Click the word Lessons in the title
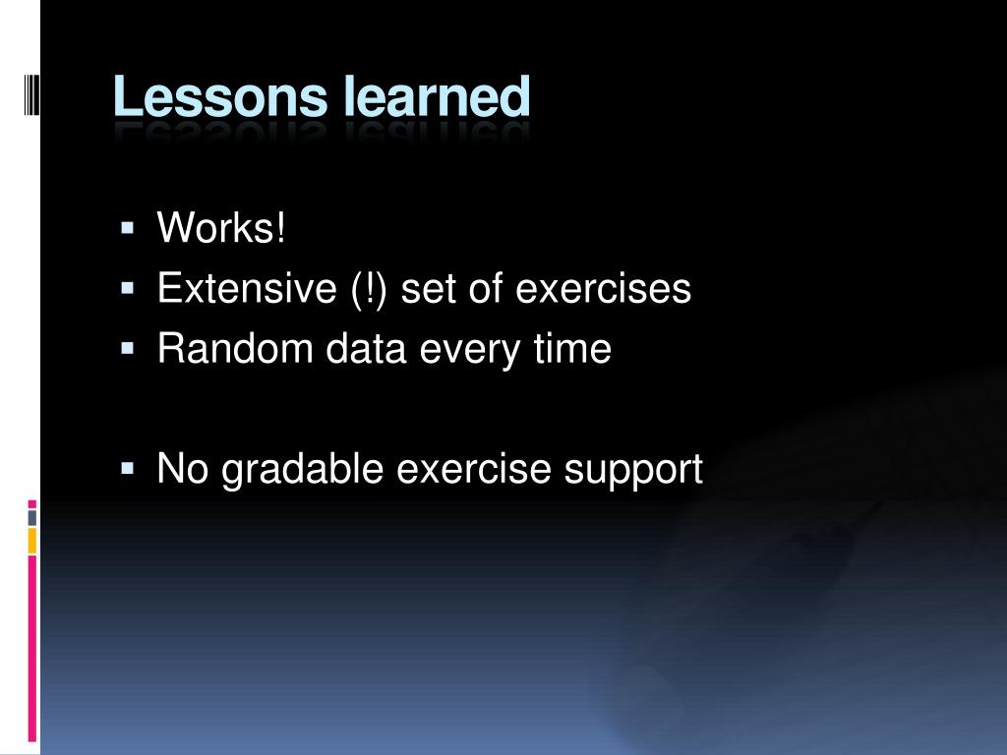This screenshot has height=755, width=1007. (220, 97)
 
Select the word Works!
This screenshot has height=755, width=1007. (221, 227)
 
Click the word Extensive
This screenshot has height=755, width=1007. (247, 288)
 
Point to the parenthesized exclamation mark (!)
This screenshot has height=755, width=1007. (369, 290)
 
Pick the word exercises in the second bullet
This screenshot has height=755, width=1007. (603, 288)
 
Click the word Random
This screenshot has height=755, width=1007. (235, 348)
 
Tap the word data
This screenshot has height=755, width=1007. (366, 348)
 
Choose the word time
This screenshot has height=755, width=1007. (572, 348)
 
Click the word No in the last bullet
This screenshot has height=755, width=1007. (182, 468)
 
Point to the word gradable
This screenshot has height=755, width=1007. (303, 471)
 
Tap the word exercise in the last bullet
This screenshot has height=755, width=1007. (473, 468)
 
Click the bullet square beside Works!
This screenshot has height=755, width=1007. (127, 228)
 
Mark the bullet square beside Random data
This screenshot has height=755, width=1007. (127, 349)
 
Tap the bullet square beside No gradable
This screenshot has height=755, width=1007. (127, 469)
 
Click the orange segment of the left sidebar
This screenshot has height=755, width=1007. (32, 541)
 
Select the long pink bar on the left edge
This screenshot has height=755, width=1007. (32, 649)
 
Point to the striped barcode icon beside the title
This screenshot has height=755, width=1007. (31, 95)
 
